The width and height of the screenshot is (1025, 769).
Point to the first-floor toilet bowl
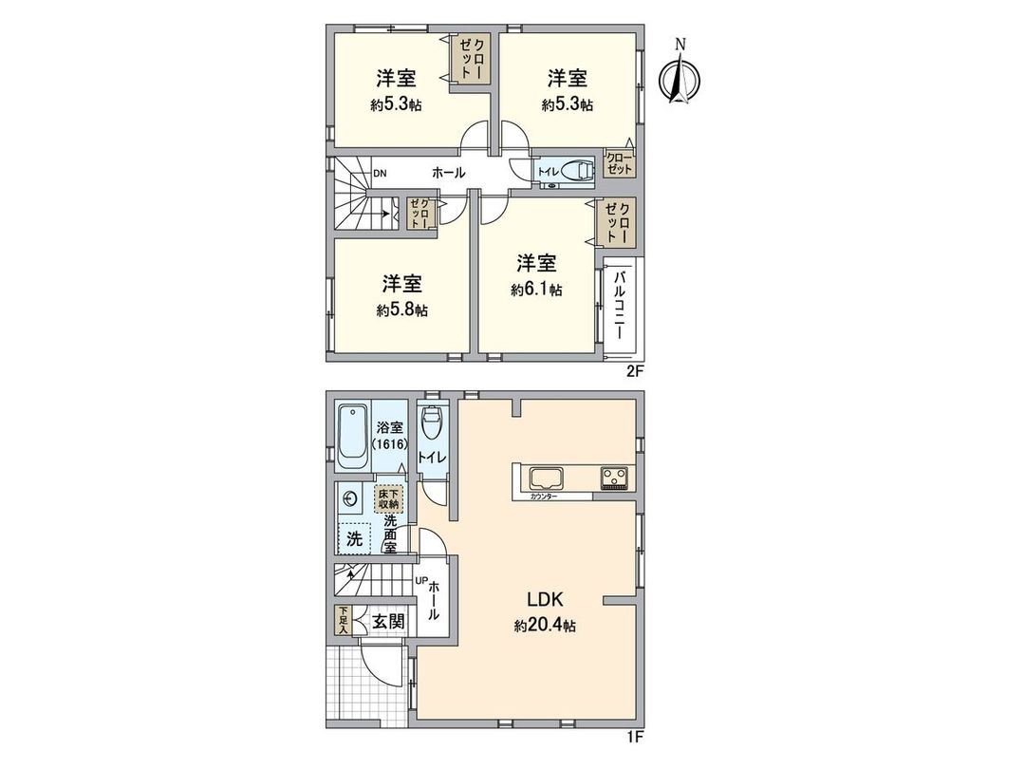click(433, 427)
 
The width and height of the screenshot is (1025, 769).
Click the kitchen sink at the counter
click(547, 478)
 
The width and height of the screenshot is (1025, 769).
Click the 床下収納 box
click(389, 497)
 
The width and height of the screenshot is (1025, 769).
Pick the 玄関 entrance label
click(387, 622)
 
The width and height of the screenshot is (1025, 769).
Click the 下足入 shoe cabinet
click(343, 622)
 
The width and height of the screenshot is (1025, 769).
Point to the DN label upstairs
click(380, 174)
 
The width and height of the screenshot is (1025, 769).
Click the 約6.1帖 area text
click(536, 290)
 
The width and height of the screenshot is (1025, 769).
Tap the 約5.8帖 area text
click(401, 309)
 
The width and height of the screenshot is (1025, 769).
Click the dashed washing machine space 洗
click(354, 538)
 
